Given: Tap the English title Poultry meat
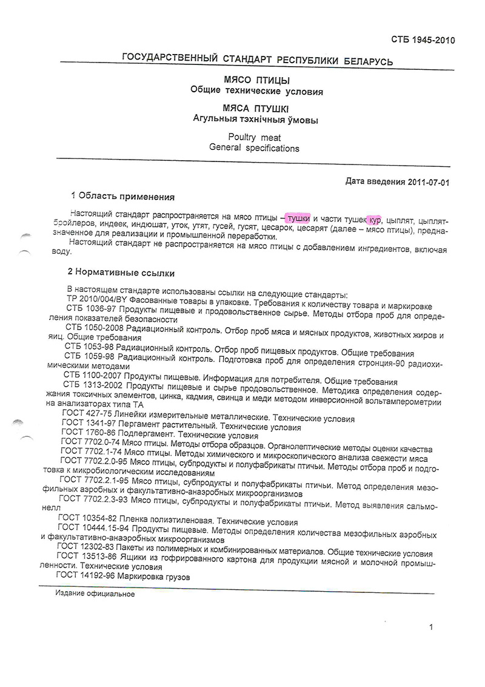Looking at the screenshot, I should coord(254,137).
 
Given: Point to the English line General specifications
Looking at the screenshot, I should coord(254,147).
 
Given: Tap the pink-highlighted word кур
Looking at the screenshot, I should coord(374,218).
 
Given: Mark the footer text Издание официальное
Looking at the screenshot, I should coord(95,594).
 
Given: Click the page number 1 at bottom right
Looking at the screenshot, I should coord(430,628).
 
